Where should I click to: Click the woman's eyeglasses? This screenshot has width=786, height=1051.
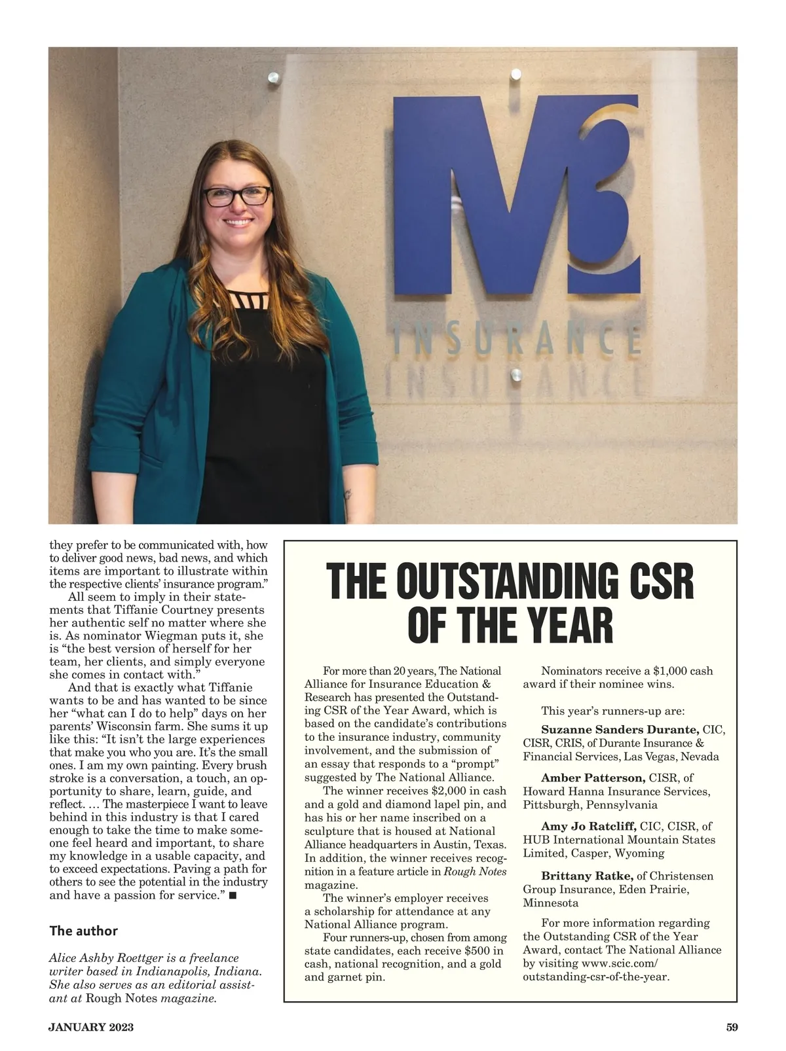point(236,196)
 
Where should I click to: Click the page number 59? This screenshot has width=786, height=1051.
point(732,1027)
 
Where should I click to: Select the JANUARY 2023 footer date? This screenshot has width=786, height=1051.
point(91,1027)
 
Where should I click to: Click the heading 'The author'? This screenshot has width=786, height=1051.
point(84,931)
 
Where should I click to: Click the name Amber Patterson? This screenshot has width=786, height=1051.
point(593,778)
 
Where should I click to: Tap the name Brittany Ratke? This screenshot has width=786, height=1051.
point(586,876)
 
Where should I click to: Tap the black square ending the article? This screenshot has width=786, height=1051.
point(233,895)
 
